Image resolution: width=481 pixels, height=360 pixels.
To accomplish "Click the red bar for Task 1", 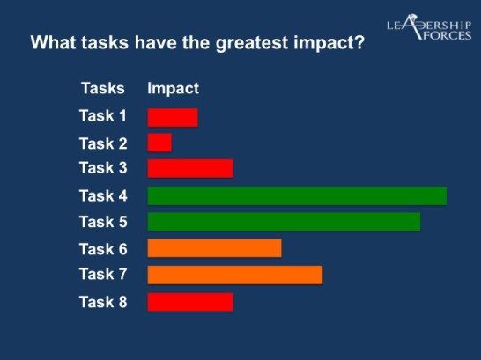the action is pos(173,118).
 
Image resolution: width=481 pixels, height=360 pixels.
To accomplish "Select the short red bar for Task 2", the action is pos(159,143).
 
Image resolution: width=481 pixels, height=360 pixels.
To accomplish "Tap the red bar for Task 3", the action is pos(190,168).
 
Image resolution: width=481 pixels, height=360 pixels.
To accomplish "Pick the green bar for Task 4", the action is pos(297,195).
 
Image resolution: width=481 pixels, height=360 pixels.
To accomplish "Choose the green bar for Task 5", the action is pos(284,222).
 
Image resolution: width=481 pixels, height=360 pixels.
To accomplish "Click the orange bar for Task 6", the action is pos(214,248).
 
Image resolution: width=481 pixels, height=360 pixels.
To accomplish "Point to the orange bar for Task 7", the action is pos(235,276).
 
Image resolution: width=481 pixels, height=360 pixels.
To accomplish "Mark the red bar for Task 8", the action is pos(190,302).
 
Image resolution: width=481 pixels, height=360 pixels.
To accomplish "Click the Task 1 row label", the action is pos(103,116).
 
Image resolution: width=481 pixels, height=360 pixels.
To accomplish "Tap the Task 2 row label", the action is pos(103,143).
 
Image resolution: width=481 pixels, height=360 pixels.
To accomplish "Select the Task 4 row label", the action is pos(103,195).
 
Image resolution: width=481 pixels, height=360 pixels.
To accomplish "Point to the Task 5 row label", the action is pos(103,222).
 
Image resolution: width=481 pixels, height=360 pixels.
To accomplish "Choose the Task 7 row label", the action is pos(103,274).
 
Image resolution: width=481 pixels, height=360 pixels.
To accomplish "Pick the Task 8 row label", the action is pos(103,302).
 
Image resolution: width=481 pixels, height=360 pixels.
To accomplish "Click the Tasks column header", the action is pos(103,88).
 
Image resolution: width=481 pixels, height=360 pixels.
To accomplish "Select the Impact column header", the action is pos(174,89).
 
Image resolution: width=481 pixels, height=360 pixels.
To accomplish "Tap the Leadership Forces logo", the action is pos(429,27).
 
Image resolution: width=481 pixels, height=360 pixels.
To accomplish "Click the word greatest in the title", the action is pos(252,43).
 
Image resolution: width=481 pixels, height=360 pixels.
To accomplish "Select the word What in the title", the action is pos(54,42).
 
